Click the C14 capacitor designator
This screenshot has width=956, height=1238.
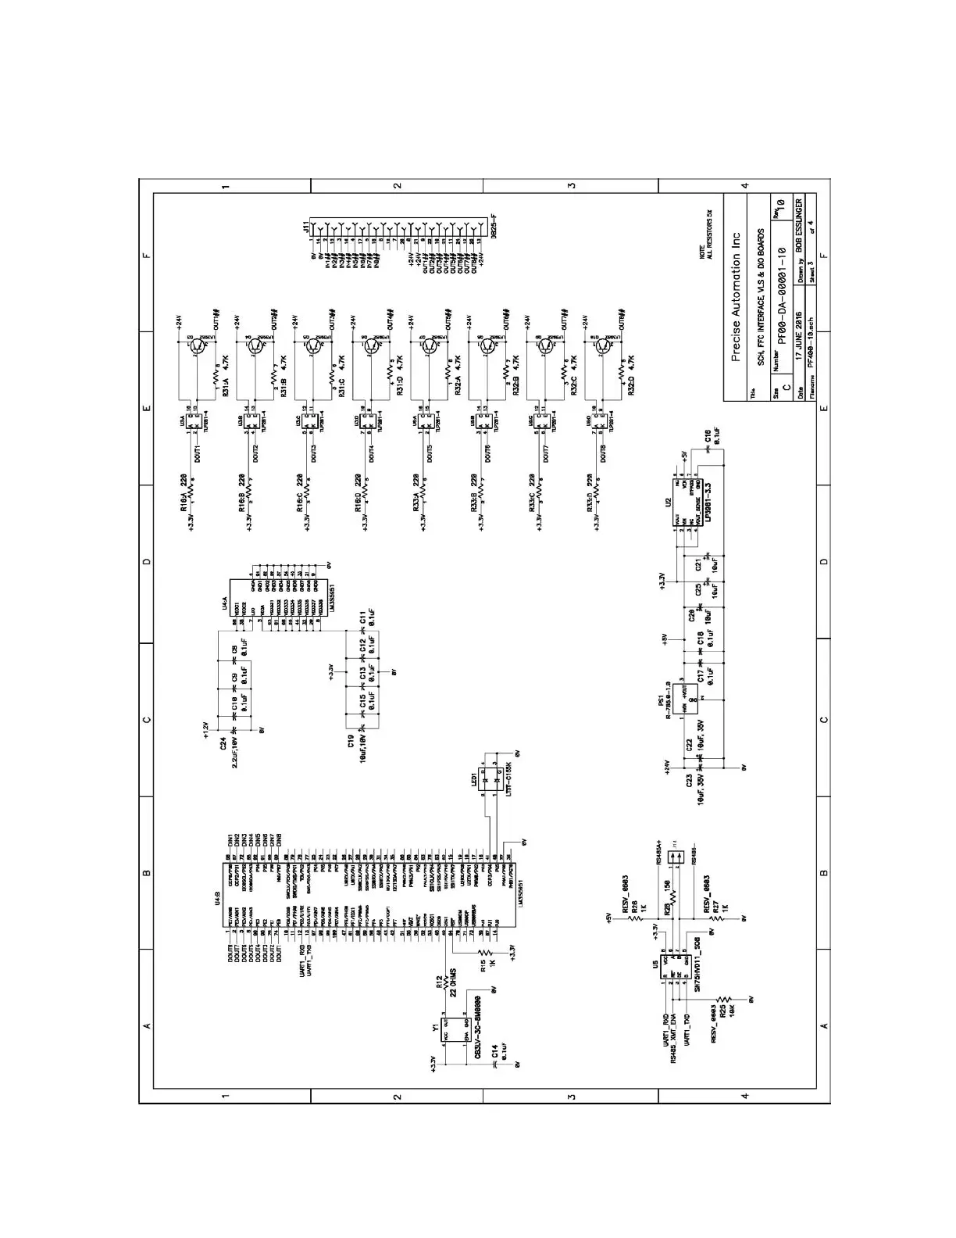[494, 1054]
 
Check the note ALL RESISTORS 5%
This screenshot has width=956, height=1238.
[708, 234]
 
